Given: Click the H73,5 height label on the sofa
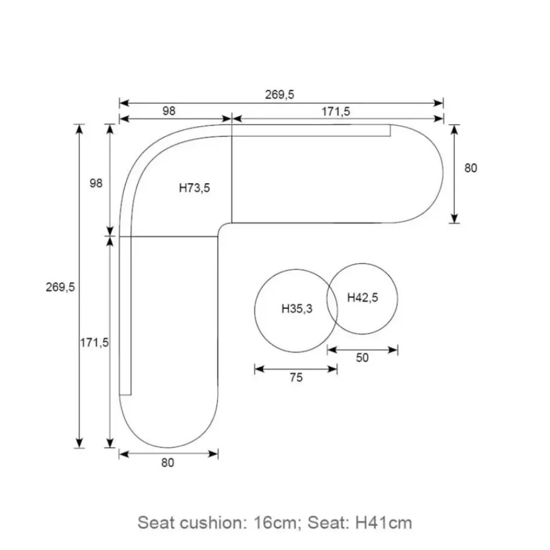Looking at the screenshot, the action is (194, 188).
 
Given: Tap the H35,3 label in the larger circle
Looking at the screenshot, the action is (297, 309).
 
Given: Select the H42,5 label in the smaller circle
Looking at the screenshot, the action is (363, 298).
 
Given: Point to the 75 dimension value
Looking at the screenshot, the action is (296, 378).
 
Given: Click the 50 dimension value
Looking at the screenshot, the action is (362, 357).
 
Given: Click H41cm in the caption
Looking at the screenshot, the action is (384, 522).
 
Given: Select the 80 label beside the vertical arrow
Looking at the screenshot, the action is (471, 168).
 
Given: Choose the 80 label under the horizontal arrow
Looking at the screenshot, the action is (168, 463).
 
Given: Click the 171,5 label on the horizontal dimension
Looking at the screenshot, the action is (336, 112).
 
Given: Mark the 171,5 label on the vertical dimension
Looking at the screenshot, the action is (95, 343).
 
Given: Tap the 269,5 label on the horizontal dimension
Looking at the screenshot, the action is (280, 95).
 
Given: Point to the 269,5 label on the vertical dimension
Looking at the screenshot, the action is (60, 287).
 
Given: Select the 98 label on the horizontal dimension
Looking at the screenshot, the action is (168, 111).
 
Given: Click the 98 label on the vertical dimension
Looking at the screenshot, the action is (96, 183).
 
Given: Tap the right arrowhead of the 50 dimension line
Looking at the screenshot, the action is (393, 349).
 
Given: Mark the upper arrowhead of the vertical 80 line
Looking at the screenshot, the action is (454, 129).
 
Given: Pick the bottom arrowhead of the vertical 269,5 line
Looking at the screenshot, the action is (80, 443).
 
